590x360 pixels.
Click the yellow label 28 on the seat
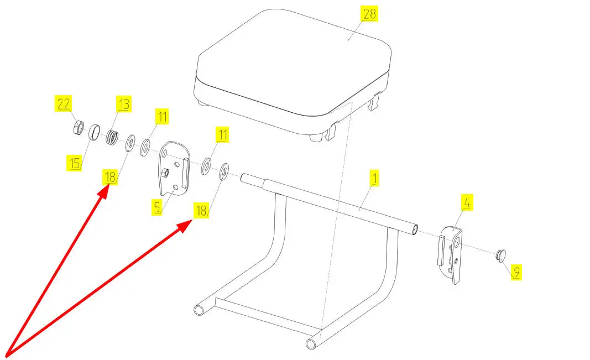[369, 14]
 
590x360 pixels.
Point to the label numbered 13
[123, 103]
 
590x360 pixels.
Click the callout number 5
[158, 207]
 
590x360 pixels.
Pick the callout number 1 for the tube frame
[374, 178]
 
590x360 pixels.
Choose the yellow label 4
[467, 203]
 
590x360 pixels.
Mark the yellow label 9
[516, 272]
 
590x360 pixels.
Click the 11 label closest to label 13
[161, 117]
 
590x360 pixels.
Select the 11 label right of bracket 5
[222, 134]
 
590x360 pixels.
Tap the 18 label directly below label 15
[109, 178]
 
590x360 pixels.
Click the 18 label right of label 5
[201, 210]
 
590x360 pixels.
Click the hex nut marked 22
[79, 128]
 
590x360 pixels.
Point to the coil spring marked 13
[113, 137]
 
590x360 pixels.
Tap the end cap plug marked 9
[500, 255]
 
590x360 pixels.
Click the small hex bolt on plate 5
[164, 173]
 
